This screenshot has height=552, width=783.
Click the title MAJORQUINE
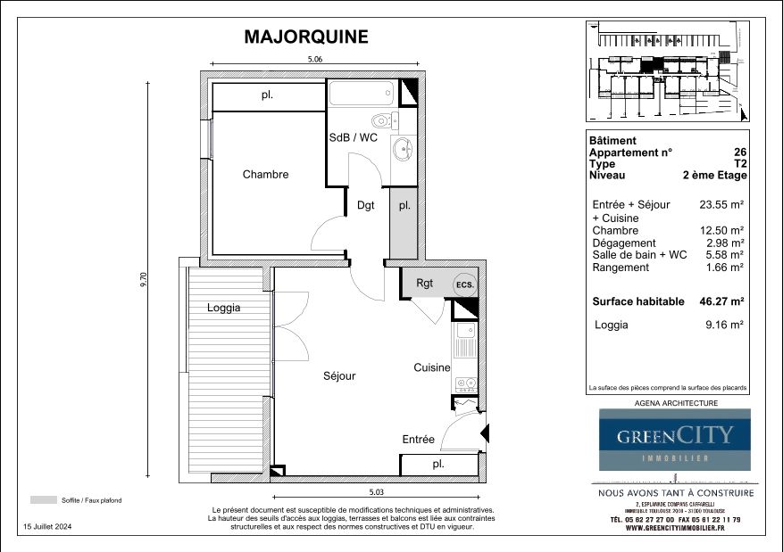click(305, 37)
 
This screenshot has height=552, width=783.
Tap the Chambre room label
click(265, 175)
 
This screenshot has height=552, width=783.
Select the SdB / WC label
click(354, 138)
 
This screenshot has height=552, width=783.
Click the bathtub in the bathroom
click(362, 94)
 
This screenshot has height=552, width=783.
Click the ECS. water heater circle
click(464, 284)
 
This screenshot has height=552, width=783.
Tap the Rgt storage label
click(425, 284)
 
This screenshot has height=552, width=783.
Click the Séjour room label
click(339, 376)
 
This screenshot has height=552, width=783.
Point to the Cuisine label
click(432, 367)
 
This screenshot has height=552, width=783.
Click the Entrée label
click(418, 440)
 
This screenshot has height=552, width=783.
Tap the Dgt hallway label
click(366, 205)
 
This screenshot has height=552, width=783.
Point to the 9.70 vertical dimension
click(142, 280)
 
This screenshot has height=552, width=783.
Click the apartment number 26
click(739, 152)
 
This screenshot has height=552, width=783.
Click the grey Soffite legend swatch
click(42, 500)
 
